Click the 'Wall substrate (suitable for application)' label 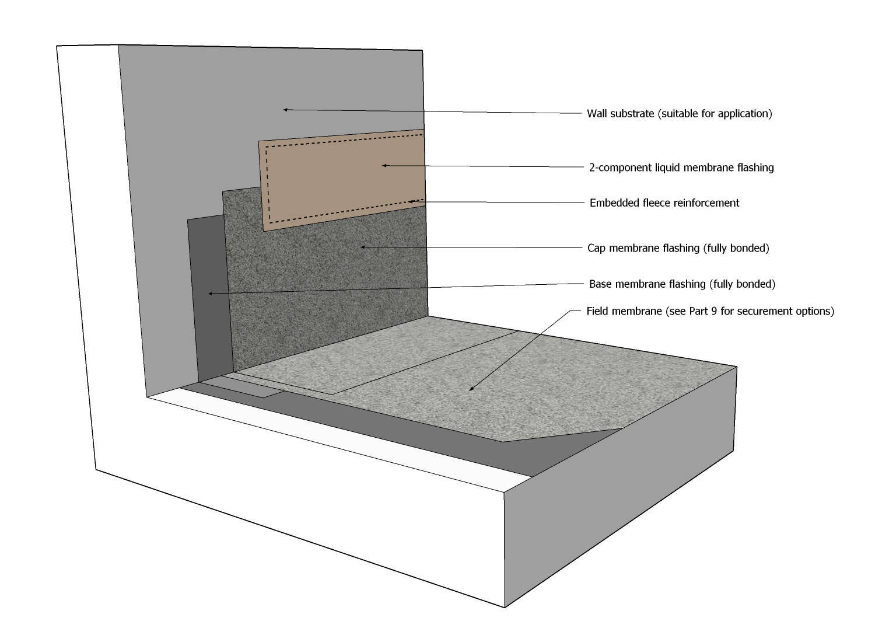679,114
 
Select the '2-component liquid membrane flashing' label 681,168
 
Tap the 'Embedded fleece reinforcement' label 664,203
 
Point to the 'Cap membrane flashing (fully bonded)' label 678,249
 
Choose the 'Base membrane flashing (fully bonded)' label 682,284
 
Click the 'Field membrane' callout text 710,311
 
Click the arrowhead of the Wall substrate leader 285,109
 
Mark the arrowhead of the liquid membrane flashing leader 384,165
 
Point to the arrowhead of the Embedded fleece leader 410,201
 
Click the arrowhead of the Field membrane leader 470,389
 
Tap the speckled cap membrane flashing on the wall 327,292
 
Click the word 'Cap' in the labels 596,249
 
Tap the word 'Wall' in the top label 597,114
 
